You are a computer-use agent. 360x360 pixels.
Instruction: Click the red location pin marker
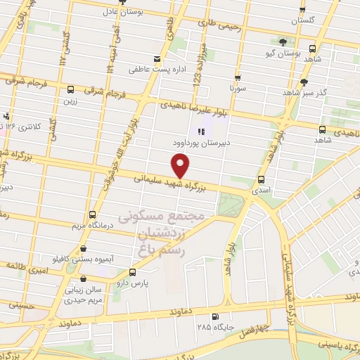coord(181,166)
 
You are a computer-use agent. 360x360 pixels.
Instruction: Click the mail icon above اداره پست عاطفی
coord(157,59)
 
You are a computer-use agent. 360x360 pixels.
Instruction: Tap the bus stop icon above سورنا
coord(237,79)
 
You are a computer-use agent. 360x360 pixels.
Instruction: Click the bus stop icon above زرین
coord(70,89)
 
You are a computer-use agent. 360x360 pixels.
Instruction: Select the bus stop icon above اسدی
coord(262,179)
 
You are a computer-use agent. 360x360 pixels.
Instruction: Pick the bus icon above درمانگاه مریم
coord(91,214)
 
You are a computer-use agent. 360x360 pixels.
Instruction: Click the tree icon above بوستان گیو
coord(283,42)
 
